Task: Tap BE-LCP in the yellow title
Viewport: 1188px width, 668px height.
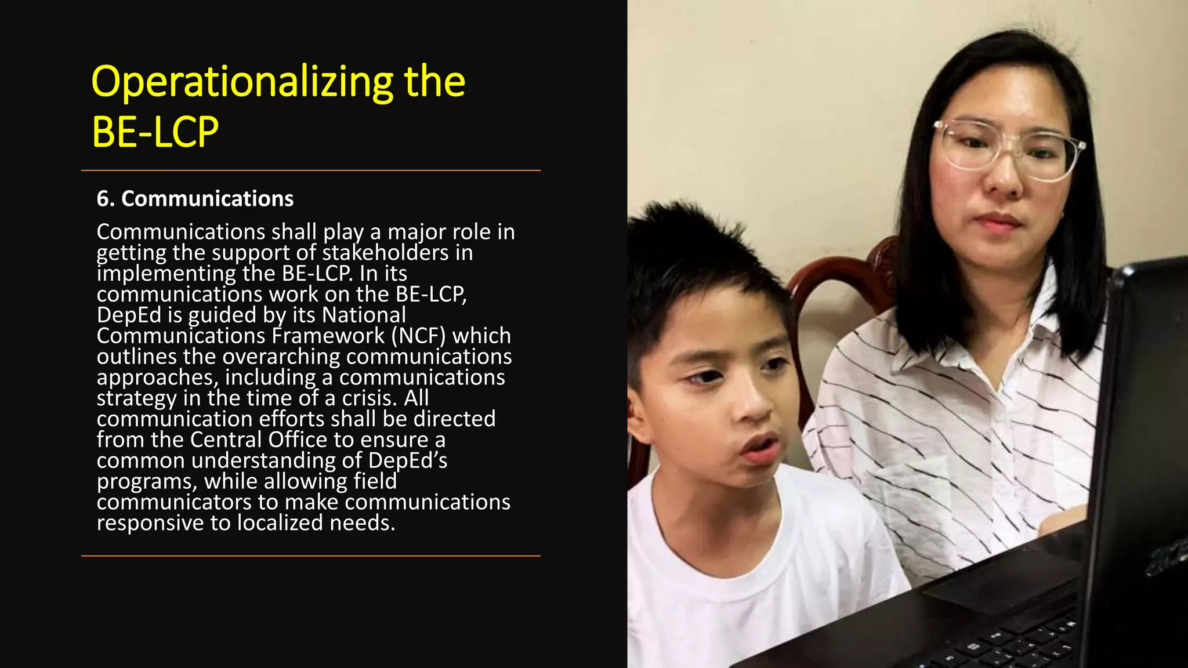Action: point(155,132)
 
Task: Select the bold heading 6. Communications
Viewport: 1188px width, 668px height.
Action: point(195,199)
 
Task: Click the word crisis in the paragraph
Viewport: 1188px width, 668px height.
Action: point(369,398)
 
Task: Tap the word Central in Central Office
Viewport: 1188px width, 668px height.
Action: point(226,440)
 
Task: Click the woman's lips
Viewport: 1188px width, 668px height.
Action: point(998,221)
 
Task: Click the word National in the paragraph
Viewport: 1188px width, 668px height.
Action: point(364,315)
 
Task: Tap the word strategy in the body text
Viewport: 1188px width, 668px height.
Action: point(136,398)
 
